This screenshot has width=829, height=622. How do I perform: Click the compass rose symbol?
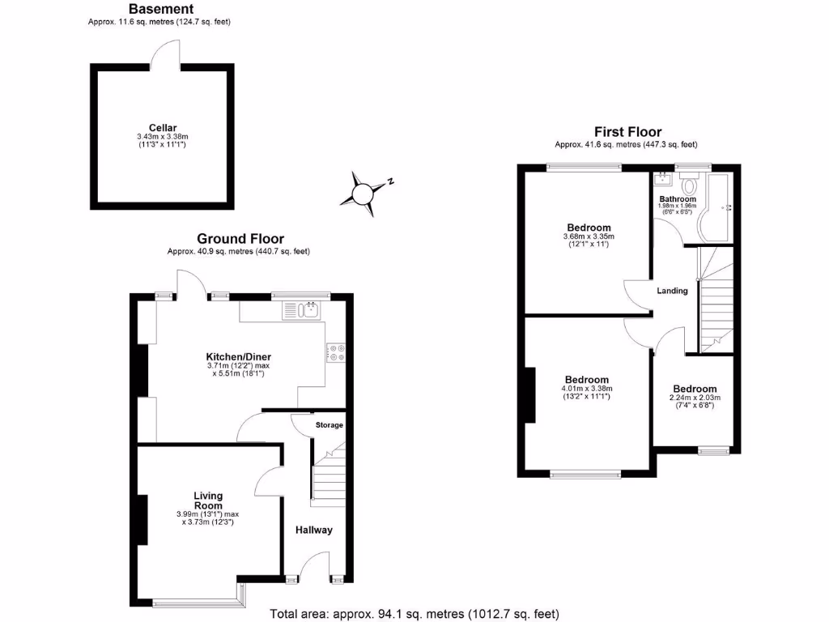point(363,194)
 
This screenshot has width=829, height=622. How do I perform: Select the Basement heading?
point(161,9)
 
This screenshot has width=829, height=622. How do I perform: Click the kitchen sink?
point(302,309)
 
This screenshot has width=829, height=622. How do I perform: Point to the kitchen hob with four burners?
point(336,352)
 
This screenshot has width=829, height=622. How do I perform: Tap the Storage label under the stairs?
point(329,424)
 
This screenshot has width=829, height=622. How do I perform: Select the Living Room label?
point(208,501)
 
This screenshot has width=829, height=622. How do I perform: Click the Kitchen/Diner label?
point(238,356)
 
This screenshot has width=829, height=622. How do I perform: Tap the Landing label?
point(672,291)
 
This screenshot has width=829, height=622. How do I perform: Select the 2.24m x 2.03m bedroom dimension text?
point(694,398)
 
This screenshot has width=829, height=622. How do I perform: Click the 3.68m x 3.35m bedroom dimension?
point(589,236)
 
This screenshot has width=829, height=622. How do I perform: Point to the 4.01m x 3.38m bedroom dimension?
point(587,389)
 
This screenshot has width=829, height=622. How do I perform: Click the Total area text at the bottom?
point(414,613)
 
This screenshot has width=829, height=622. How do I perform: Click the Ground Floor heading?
point(240,239)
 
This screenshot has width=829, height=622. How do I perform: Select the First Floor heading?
point(627,132)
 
